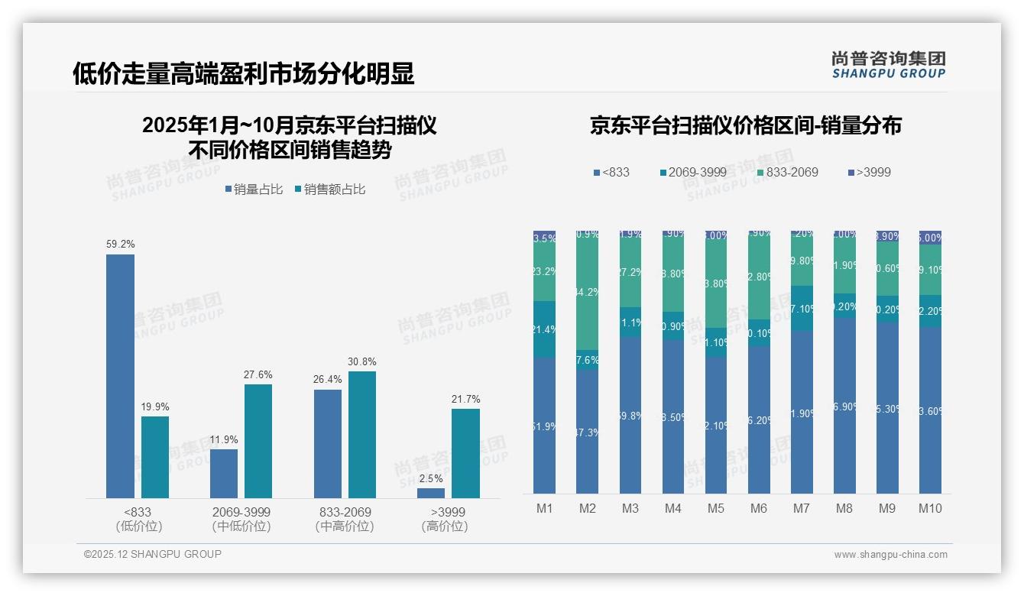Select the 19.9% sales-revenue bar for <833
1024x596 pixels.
point(155,457)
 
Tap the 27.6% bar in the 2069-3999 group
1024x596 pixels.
point(258,441)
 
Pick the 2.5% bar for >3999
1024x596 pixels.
point(431,494)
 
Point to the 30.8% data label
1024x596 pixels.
point(361,362)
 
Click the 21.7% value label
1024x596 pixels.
point(465,400)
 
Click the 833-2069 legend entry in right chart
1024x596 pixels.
point(786,173)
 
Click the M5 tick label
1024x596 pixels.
point(715,509)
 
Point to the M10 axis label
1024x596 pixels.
point(930,509)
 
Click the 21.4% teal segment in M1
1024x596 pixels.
point(545,329)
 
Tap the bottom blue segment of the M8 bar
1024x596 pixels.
point(844,405)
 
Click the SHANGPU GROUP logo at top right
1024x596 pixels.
point(888,65)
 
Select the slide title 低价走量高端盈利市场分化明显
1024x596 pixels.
point(243,73)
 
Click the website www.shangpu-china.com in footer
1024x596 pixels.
point(890,555)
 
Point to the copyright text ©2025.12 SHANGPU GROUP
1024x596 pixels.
point(152,554)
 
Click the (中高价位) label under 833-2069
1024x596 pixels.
point(345,526)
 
